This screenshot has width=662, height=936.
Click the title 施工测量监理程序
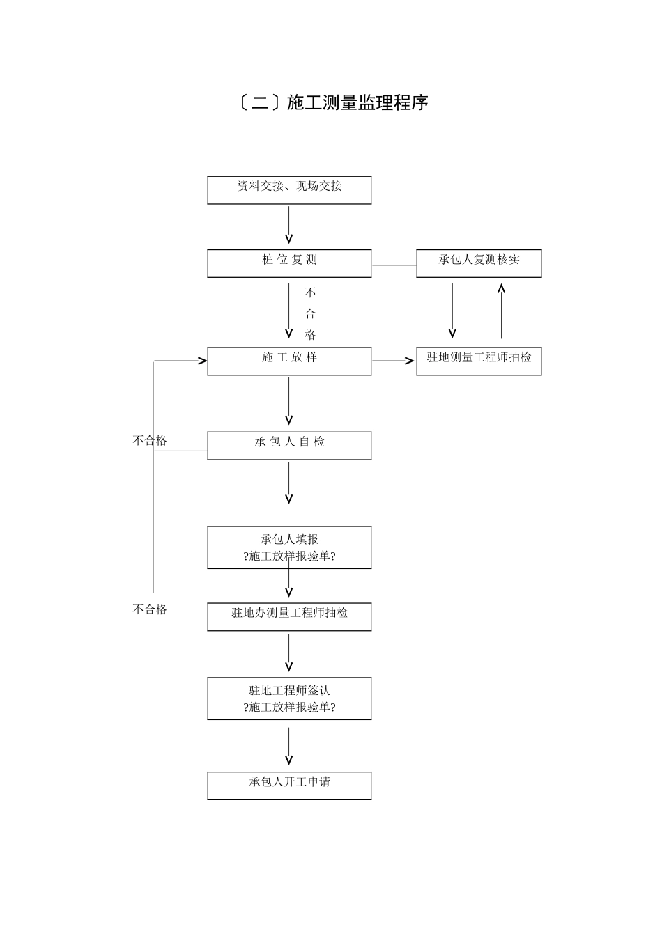[332, 103]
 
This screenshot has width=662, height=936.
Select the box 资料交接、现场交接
[289, 189]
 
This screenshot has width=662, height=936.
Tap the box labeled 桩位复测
[289, 263]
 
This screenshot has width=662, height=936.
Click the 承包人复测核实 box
[479, 263]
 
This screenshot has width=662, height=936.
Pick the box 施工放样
[289, 361]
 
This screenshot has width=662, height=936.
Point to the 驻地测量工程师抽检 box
[479, 361]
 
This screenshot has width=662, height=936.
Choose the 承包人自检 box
[289, 445]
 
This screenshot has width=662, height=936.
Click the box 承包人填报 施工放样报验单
[289, 547]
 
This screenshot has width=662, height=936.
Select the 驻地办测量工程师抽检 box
[289, 616]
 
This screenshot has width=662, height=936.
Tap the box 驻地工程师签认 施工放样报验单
[289, 698]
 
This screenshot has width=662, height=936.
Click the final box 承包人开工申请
[289, 785]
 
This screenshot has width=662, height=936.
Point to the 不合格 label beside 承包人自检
[150, 440]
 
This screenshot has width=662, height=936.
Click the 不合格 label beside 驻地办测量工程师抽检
[150, 609]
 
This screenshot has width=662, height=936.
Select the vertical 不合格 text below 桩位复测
[310, 313]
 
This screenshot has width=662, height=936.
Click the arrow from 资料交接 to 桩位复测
[289, 225]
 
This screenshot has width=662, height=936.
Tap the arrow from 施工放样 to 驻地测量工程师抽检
[394, 361]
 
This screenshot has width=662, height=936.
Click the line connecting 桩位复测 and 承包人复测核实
[394, 265]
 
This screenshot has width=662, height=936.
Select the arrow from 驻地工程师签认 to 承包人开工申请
[289, 746]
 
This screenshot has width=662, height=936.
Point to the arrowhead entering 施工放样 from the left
[202, 361]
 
